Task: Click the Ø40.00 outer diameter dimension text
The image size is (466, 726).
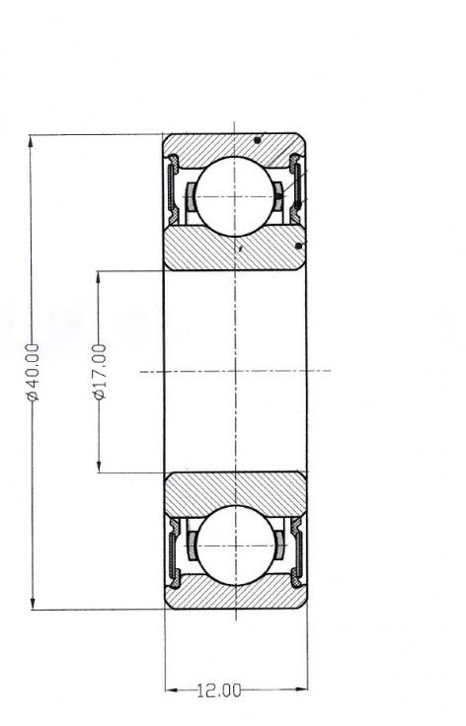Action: [x=34, y=372]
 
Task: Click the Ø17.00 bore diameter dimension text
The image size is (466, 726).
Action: [x=100, y=372]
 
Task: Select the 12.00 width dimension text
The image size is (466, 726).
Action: [x=219, y=690]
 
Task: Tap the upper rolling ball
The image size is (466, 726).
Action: [x=235, y=196]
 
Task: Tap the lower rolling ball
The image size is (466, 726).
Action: [x=236, y=545]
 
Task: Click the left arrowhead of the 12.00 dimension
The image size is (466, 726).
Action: [x=173, y=690]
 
